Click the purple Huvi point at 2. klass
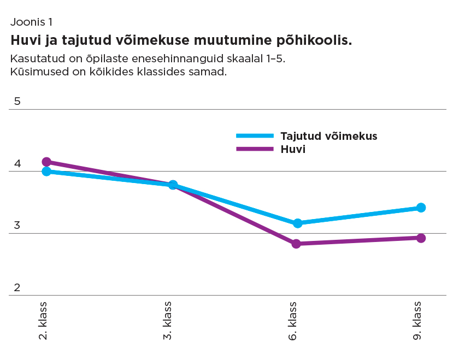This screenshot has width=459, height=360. (46, 162)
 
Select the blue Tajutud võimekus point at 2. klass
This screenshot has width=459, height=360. (46, 172)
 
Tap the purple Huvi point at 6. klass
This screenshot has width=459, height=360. (296, 244)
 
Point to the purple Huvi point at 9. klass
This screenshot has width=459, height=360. (421, 238)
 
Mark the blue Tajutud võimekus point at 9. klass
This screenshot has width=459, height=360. (421, 208)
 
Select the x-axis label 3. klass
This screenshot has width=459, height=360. (168, 320)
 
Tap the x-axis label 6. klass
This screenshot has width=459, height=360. (293, 320)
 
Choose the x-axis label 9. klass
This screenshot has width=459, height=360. (417, 320)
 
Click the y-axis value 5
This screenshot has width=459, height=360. (17, 101)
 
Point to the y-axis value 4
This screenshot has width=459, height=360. (17, 163)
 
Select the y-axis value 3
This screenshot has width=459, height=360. (17, 225)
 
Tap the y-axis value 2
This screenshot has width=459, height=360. (17, 287)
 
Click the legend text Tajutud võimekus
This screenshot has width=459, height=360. (328, 136)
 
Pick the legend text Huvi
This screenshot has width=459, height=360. (292, 149)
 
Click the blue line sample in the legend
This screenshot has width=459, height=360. (254, 136)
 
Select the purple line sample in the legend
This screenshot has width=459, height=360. (254, 149)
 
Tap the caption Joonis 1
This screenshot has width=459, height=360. (31, 22)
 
